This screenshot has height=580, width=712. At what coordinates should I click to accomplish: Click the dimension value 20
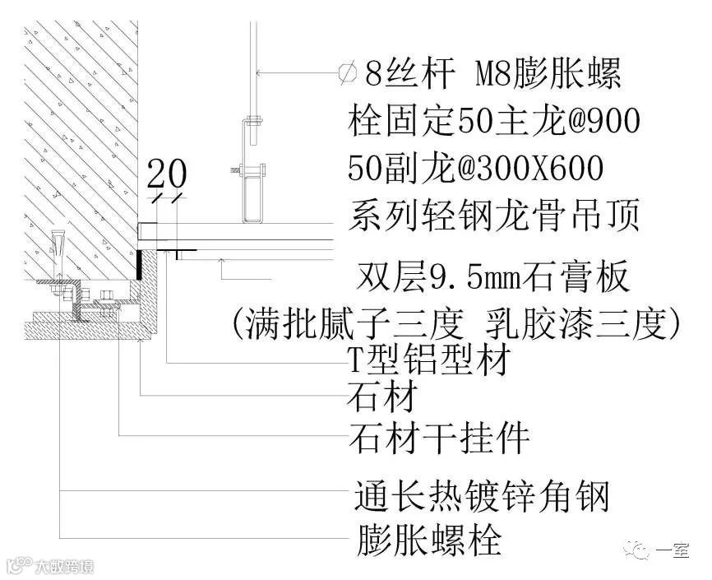click(167, 175)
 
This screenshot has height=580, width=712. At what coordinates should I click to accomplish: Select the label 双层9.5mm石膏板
click(494, 278)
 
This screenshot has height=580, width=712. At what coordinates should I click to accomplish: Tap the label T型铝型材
click(432, 360)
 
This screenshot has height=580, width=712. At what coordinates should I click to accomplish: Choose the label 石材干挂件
click(438, 438)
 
